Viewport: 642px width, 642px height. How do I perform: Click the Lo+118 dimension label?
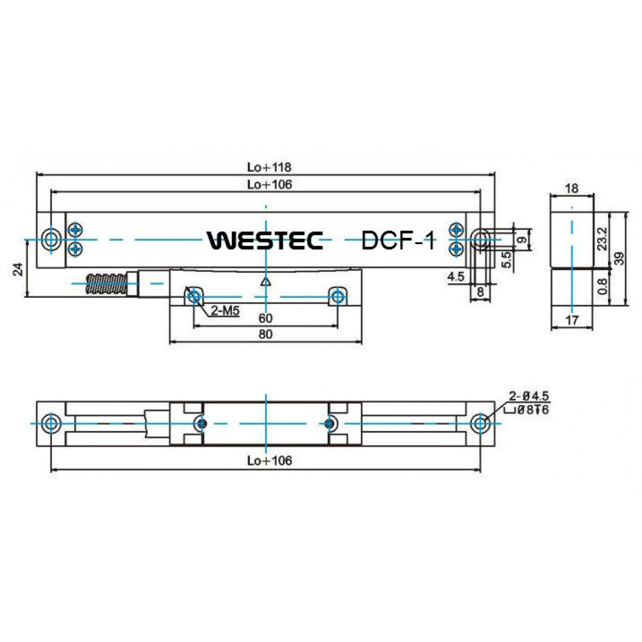[x=269, y=167]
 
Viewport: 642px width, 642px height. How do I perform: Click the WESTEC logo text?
[x=266, y=240]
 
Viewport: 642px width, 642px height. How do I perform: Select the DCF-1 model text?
[x=398, y=240]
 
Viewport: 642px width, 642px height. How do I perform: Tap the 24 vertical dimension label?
[x=18, y=269]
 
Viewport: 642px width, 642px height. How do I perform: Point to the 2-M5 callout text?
[x=225, y=311]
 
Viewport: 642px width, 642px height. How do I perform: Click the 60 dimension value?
[x=265, y=318]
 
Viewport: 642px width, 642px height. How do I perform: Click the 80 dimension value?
[x=265, y=334]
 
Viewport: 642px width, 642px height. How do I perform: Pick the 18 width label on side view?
[x=572, y=188]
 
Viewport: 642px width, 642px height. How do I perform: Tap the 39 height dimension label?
[x=619, y=258]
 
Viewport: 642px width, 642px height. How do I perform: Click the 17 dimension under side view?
[x=572, y=320]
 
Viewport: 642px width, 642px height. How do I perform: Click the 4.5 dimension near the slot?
[x=456, y=277]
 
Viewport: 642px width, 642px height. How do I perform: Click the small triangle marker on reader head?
[x=265, y=282]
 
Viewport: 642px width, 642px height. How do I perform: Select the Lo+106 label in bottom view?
[x=269, y=461]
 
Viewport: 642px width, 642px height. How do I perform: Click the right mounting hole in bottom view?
[x=480, y=423]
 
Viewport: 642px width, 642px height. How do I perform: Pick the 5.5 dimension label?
[x=506, y=259]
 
